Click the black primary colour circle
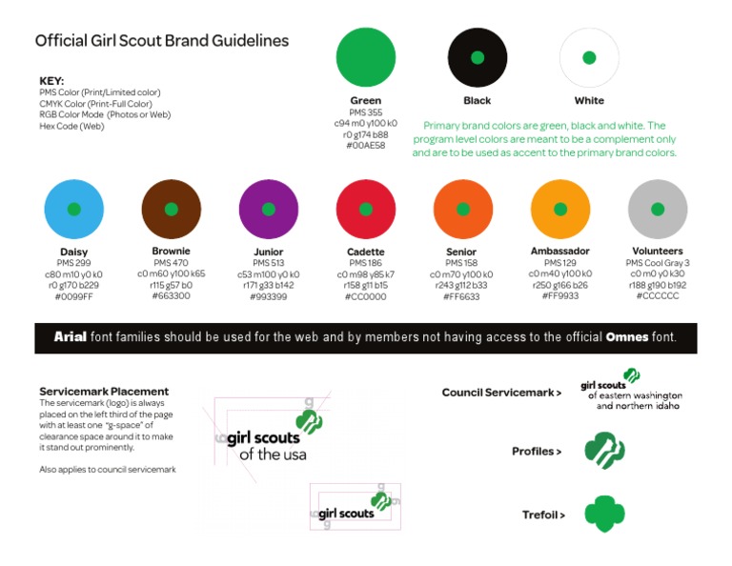(x=478, y=57)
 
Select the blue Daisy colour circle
(x=73, y=209)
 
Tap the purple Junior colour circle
(x=268, y=209)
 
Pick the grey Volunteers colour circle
(x=657, y=209)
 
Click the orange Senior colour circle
(x=462, y=209)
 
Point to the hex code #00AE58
(x=366, y=146)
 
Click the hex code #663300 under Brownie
(x=171, y=295)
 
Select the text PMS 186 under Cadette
(x=365, y=262)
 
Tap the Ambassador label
(x=559, y=251)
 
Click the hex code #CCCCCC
(x=657, y=296)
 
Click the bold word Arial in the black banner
(x=71, y=336)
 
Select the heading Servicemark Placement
(x=104, y=391)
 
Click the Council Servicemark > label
(x=501, y=393)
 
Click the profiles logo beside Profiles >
(x=603, y=451)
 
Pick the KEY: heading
(x=51, y=81)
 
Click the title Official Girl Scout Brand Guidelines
(x=162, y=41)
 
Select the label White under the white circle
(x=589, y=100)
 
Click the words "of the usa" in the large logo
(x=273, y=455)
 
